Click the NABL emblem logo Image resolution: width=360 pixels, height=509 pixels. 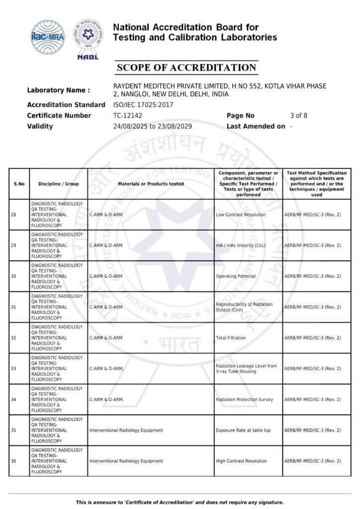(88, 39)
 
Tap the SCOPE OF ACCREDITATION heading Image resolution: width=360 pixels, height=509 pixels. (186, 68)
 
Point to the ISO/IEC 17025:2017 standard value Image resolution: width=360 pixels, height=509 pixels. (143, 105)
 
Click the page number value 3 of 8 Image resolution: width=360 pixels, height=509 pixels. (298, 115)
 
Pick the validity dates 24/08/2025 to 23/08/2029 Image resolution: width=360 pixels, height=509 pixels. (153, 126)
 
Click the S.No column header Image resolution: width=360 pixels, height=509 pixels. (19, 184)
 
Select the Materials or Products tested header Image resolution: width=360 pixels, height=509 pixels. (151, 184)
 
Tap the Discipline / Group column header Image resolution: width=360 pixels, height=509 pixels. (58, 184)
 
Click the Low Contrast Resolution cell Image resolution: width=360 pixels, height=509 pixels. (241, 215)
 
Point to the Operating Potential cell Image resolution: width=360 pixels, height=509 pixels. (236, 276)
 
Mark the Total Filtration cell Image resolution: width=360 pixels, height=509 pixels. (231, 338)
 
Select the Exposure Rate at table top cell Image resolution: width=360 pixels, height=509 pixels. (243, 430)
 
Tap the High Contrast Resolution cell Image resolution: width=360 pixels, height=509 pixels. (241, 461)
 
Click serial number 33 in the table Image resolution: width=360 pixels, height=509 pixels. (13, 369)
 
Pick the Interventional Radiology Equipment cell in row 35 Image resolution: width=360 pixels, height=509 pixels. (126, 430)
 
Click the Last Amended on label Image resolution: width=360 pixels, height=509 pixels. (256, 126)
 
